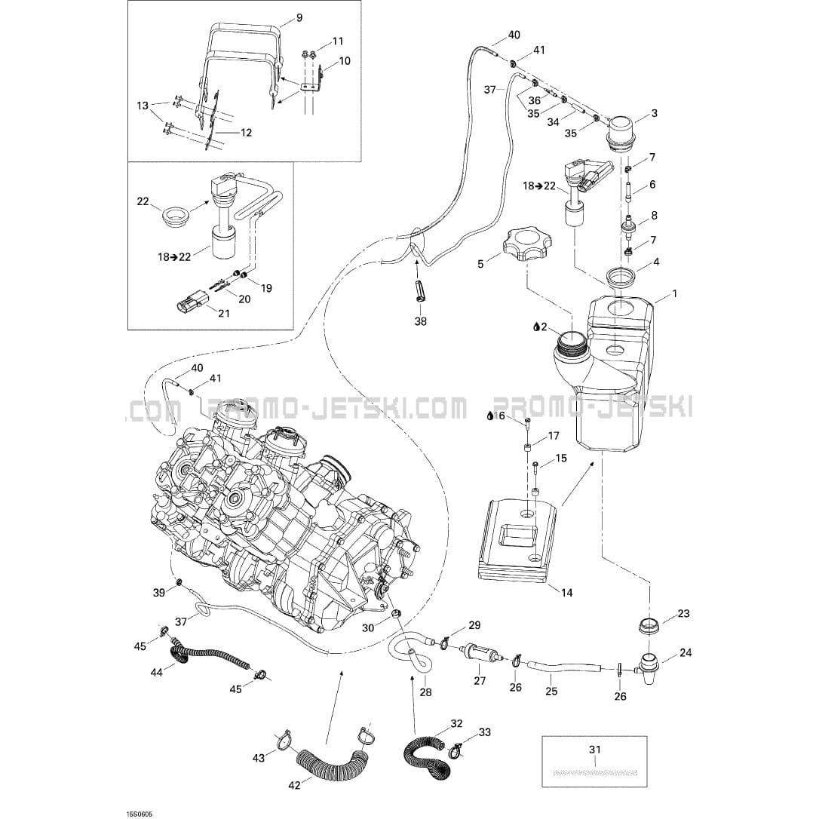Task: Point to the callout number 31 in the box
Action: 595,749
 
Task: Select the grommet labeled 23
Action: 647,627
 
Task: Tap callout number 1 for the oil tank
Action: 674,293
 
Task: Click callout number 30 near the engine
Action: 367,628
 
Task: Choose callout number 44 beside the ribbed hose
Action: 157,672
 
